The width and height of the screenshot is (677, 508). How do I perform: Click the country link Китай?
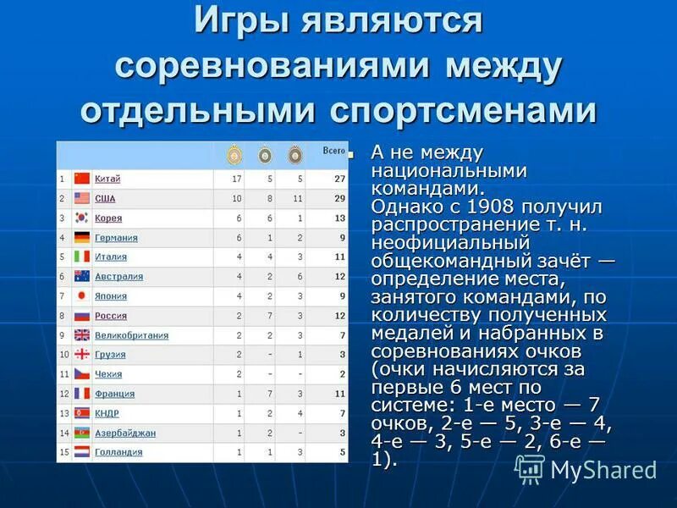(107, 179)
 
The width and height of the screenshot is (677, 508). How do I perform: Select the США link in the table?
(105, 198)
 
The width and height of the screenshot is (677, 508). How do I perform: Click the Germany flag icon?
(82, 238)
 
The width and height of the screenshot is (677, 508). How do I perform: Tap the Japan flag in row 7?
(82, 296)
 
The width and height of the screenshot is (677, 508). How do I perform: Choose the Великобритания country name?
(131, 335)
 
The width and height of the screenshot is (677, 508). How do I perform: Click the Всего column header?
(333, 151)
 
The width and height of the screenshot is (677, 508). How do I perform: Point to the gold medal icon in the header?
(233, 155)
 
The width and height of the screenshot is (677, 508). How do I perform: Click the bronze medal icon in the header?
(294, 155)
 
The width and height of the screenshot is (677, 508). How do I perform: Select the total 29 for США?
(339, 198)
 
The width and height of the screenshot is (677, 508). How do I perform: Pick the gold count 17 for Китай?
(237, 179)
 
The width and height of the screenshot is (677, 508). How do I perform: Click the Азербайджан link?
(125, 433)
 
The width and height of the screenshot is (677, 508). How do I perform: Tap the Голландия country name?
(118, 452)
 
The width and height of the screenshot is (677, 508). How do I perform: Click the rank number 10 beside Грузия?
(63, 355)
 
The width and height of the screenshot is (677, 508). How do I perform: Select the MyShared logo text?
(603, 470)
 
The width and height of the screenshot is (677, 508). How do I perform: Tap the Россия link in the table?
(111, 316)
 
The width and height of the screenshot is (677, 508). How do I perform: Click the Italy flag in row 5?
(82, 257)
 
